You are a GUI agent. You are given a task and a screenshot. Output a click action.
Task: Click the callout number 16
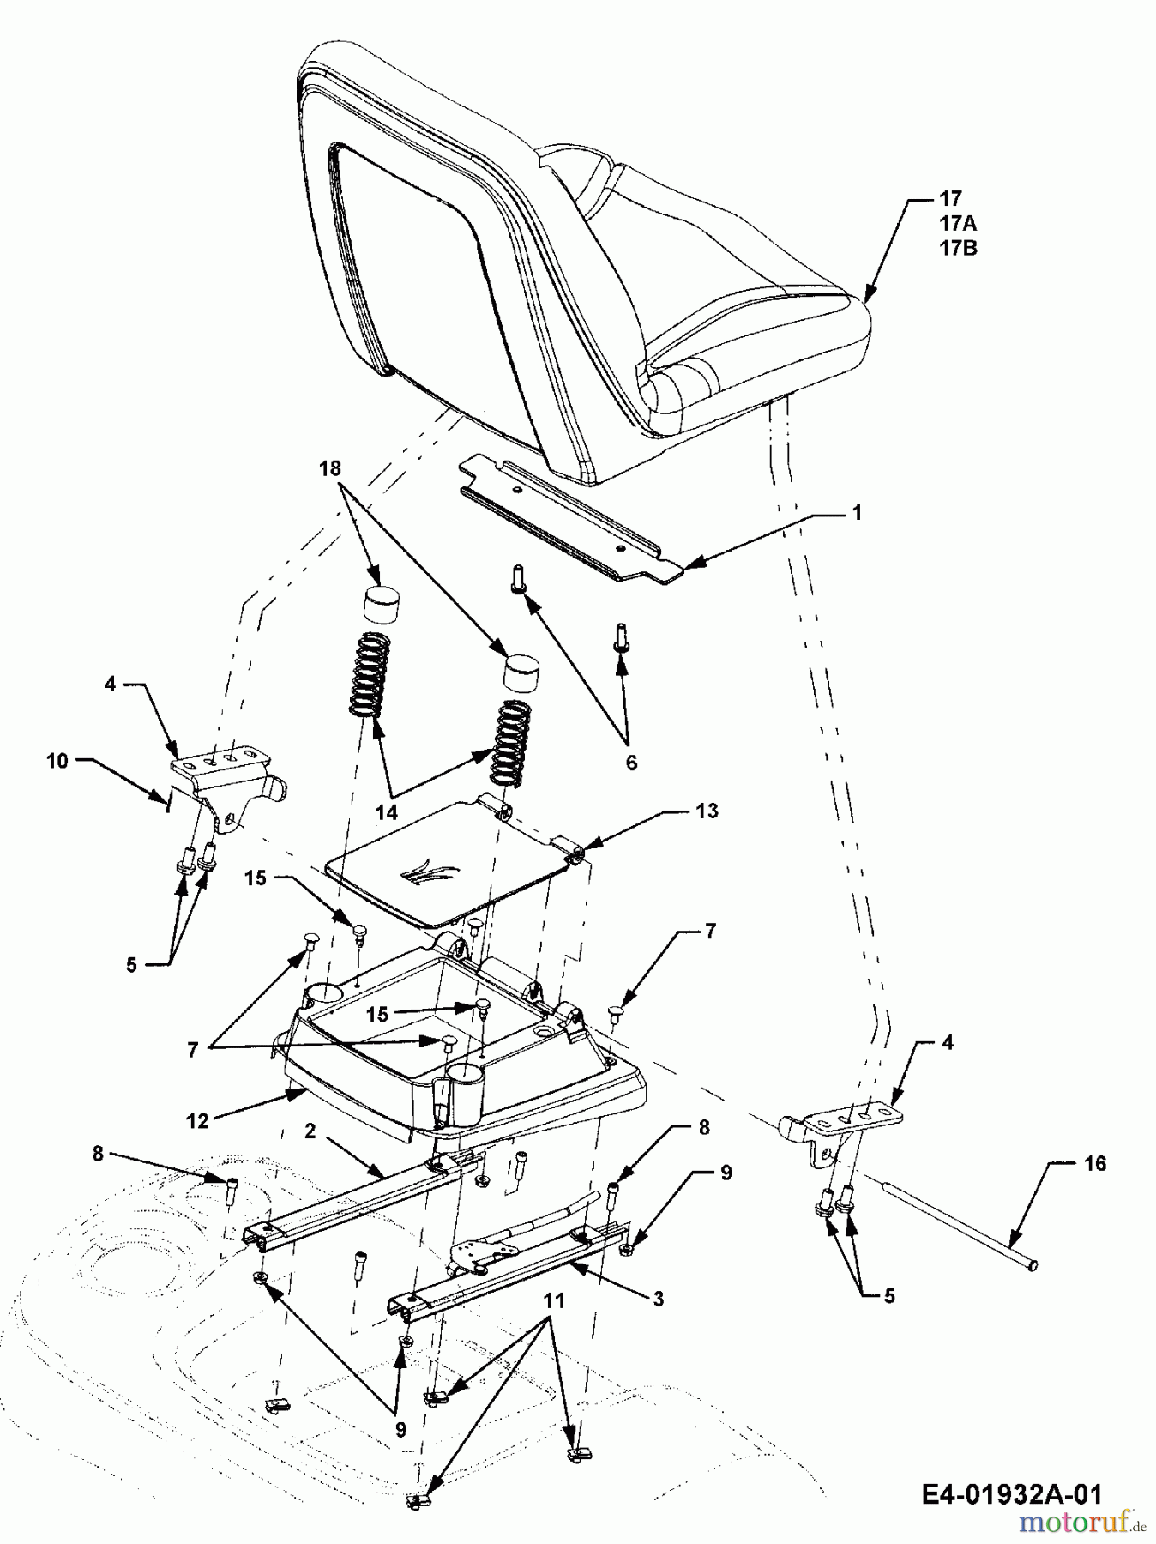pos(1095,1163)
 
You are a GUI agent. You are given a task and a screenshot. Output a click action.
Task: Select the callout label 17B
pos(957,249)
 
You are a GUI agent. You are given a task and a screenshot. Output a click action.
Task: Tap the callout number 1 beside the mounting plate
pos(856,513)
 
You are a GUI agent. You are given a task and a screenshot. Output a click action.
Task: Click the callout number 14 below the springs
pos(387,811)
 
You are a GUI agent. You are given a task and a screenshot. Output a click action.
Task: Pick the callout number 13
pos(707,811)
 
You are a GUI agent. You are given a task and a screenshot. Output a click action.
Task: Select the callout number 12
pos(197,1121)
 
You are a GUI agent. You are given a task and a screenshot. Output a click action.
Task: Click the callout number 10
pos(57,760)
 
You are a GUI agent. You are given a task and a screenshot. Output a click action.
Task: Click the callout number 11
pos(554,1300)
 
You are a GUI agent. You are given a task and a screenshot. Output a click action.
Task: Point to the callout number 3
pos(658,1299)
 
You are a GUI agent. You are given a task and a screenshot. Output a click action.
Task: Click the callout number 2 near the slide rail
pos(310,1131)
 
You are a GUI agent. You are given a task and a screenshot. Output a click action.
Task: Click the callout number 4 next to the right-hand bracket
pos(948,1043)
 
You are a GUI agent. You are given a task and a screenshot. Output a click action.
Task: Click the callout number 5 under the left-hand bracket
pos(131,965)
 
